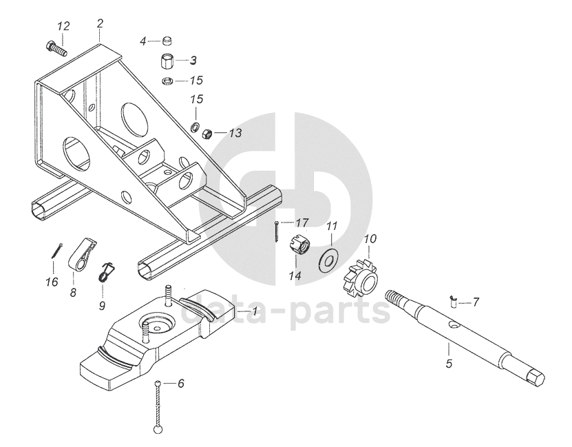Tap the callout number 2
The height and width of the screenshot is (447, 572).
click(100, 23)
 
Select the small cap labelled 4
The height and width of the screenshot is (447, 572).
click(167, 41)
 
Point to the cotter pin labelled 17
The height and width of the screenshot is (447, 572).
click(275, 231)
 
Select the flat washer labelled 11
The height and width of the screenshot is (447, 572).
click(328, 257)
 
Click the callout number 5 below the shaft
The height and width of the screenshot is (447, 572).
click(448, 364)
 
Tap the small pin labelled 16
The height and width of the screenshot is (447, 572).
click(56, 251)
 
